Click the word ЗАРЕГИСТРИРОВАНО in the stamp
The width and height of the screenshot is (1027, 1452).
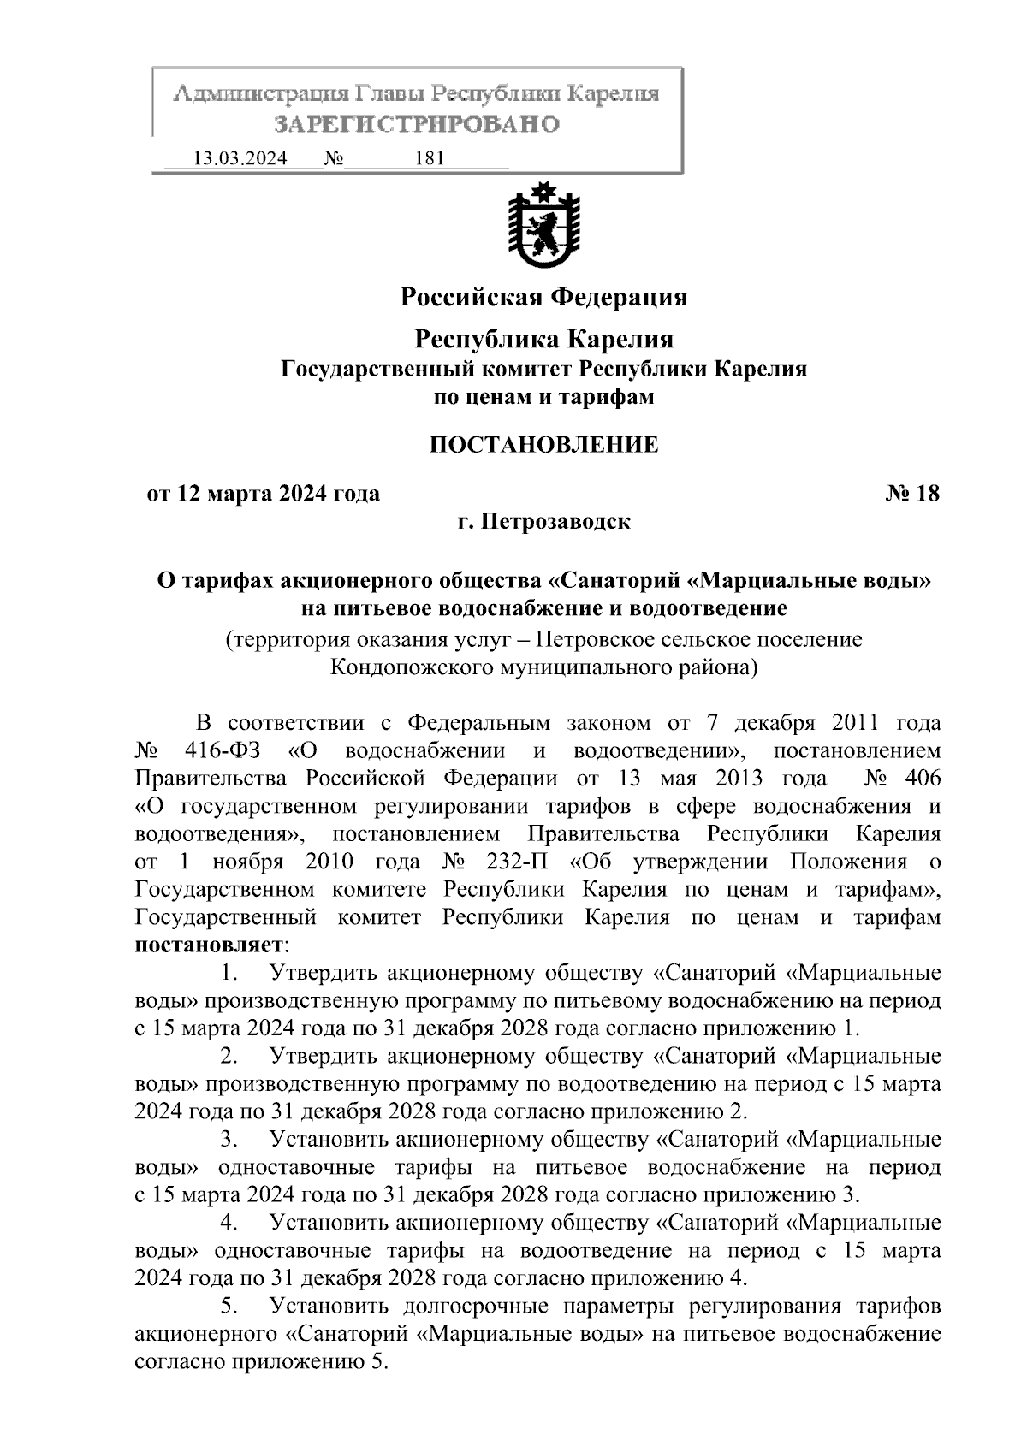[416, 124]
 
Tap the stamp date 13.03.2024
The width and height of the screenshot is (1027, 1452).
[240, 159]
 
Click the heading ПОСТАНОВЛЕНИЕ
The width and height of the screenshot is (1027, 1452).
[543, 445]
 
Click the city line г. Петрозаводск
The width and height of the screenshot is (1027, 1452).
[543, 521]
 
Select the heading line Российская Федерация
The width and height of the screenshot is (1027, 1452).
[544, 297]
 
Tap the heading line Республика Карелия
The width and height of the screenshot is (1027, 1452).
[544, 340]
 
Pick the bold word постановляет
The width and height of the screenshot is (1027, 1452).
[209, 945]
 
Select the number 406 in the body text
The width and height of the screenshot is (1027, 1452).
[921, 779]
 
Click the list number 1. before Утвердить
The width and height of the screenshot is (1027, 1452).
[229, 973]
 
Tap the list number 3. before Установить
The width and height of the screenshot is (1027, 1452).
[229, 1140]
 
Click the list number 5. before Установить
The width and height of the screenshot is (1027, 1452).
[229, 1307]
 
